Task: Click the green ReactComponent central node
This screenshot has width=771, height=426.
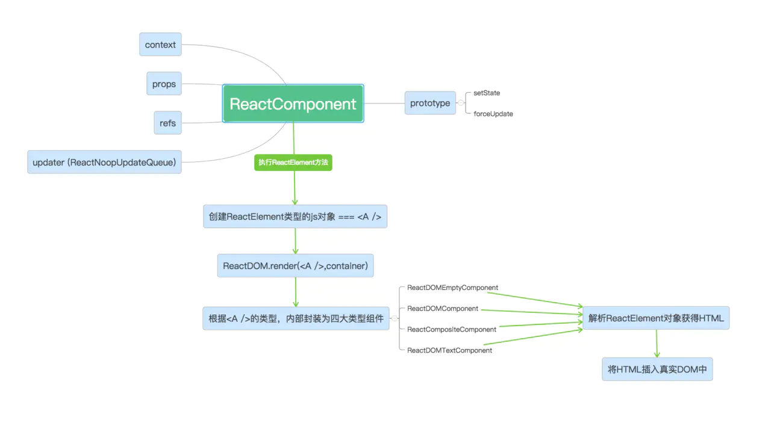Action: click(293, 103)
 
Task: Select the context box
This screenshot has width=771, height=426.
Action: click(160, 45)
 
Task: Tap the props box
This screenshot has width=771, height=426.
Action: click(164, 84)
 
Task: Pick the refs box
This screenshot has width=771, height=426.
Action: click(167, 123)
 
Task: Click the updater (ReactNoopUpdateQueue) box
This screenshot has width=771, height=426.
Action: click(104, 162)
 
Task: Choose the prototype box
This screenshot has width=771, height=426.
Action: click(430, 103)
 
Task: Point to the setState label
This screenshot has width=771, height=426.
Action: click(487, 93)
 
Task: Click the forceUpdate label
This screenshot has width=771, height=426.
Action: click(493, 114)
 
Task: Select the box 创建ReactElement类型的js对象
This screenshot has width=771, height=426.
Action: click(295, 217)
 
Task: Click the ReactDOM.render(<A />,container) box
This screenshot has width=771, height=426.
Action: click(295, 265)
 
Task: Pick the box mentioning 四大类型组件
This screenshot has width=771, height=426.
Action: click(296, 318)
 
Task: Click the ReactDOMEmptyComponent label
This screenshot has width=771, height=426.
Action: click(452, 288)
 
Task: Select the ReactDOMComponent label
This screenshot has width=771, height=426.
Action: click(443, 309)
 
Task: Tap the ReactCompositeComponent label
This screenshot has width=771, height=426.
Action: click(452, 329)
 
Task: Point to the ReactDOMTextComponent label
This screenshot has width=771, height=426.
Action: click(449, 350)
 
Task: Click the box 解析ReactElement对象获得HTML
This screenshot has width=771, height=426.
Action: click(656, 318)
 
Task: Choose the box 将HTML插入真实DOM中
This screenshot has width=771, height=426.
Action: click(657, 369)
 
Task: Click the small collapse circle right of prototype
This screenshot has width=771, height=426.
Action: click(461, 103)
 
